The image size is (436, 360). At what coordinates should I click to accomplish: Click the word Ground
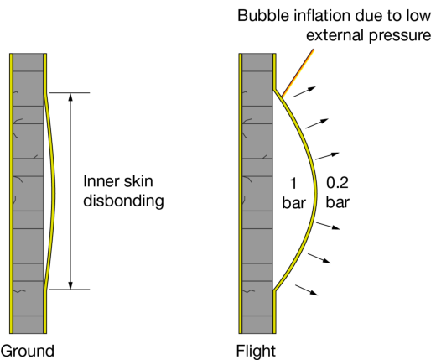click(x=28, y=351)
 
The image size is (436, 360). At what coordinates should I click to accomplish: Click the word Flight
click(x=256, y=352)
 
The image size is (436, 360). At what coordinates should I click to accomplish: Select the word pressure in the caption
click(x=400, y=36)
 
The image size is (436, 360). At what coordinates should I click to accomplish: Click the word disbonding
click(x=123, y=201)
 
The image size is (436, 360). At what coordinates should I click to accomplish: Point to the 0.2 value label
click(x=337, y=183)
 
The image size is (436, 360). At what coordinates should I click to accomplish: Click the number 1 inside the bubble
click(x=293, y=184)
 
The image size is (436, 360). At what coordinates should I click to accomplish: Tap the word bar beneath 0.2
click(x=338, y=202)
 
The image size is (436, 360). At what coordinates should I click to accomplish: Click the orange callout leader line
click(x=298, y=73)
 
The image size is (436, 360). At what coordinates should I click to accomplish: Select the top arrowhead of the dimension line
click(x=70, y=97)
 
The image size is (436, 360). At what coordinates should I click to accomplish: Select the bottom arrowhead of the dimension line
click(x=70, y=285)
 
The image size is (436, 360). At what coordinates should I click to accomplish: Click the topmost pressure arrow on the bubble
click(x=304, y=91)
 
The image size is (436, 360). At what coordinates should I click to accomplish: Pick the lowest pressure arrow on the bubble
click(x=306, y=290)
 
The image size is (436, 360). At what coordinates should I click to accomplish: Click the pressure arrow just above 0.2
click(x=327, y=156)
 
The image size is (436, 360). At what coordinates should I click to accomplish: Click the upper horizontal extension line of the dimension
click(x=70, y=92)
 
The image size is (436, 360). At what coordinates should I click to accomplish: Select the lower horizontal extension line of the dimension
click(x=70, y=290)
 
